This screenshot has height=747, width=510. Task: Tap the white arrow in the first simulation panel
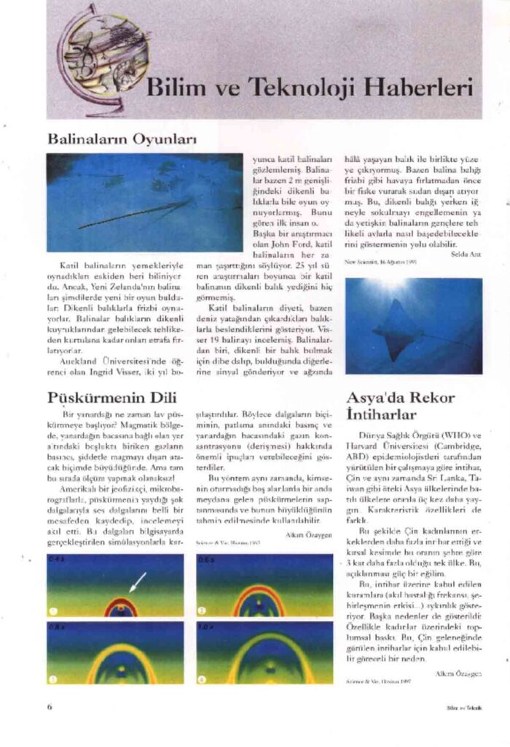(x=137, y=581)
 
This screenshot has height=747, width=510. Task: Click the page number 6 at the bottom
(x=50, y=706)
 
